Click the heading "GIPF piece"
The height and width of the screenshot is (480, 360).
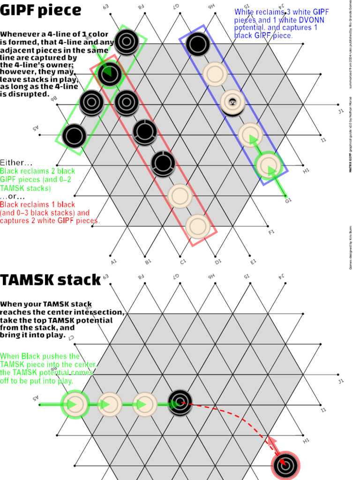tap(41, 10)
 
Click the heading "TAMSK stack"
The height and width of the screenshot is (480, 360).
tap(51, 280)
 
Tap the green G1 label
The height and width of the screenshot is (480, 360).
tap(288, 200)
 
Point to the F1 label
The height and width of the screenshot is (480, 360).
tap(271, 232)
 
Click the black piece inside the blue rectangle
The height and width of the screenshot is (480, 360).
tap(197, 44)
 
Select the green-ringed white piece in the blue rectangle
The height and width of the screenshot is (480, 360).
tap(268, 165)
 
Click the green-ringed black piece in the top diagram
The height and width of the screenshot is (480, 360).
tap(109, 73)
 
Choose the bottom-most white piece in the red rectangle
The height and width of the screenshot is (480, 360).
tap(197, 226)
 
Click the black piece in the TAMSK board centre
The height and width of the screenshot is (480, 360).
tap(180, 402)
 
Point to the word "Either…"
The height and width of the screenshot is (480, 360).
tap(16, 163)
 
